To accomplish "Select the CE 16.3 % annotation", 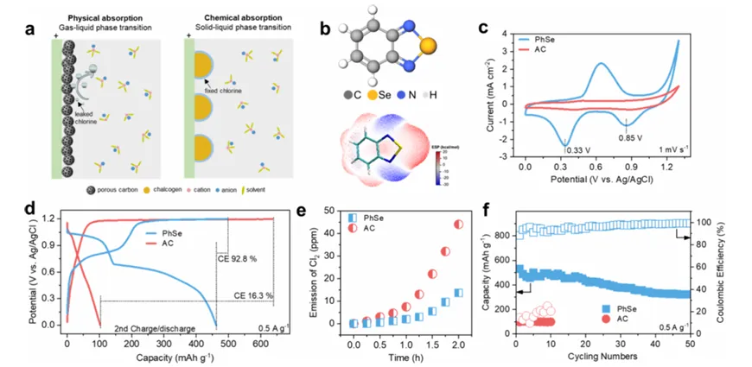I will pos(253,295).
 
